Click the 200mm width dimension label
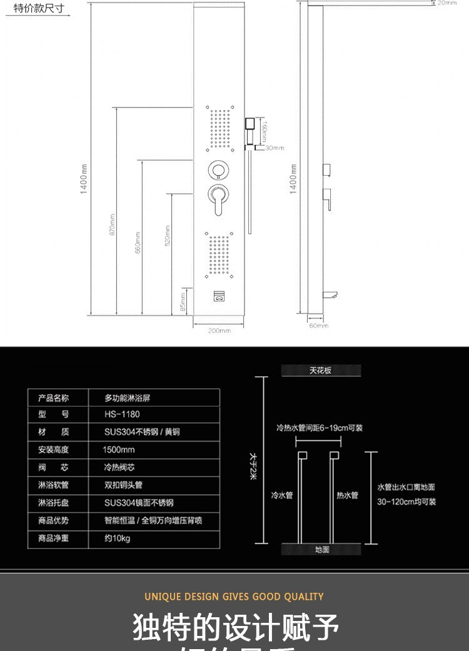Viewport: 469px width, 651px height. click(x=219, y=331)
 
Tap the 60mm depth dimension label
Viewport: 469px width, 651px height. click(x=318, y=326)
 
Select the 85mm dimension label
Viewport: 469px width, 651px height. click(x=183, y=302)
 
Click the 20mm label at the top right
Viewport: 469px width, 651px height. click(x=446, y=3)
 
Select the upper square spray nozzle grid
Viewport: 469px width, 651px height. click(x=219, y=129)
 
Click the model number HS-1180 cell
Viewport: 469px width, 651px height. click(x=122, y=414)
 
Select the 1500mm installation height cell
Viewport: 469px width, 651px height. click(x=119, y=450)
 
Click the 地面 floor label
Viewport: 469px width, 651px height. click(x=321, y=550)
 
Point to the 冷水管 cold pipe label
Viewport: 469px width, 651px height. click(x=281, y=495)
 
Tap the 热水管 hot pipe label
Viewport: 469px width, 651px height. click(x=347, y=495)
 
